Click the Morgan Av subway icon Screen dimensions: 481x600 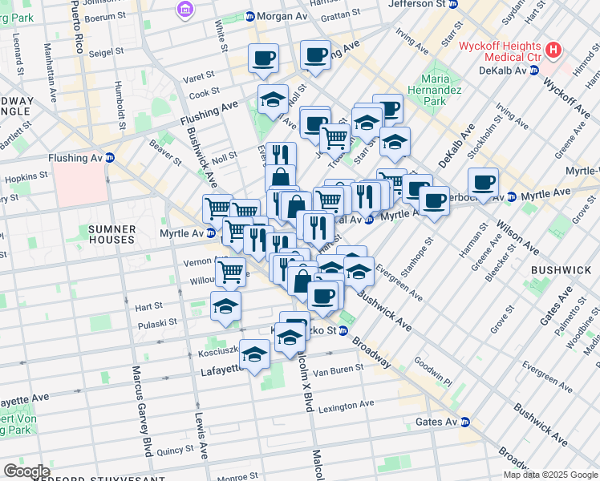(250, 16)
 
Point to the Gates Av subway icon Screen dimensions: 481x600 (464, 422)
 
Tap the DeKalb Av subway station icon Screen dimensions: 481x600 (532, 71)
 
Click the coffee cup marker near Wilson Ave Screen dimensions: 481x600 (483, 182)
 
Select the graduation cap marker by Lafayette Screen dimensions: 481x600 (254, 354)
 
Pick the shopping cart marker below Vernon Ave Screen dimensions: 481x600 (231, 272)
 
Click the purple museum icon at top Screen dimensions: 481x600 (185, 10)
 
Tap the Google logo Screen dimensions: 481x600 (26, 471)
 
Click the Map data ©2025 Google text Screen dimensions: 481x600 (550, 475)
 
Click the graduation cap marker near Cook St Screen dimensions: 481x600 (273, 101)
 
